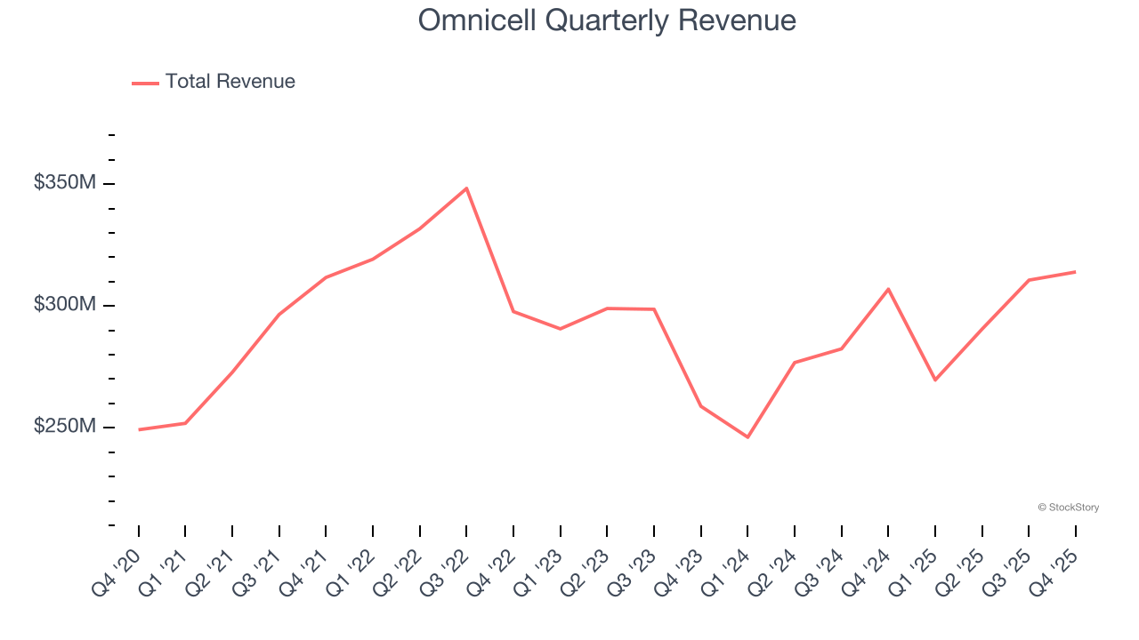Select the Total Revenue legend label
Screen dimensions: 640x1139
[230, 82]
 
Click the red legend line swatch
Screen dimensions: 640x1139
[145, 83]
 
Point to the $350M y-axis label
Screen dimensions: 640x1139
[64, 183]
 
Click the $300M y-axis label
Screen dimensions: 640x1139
[64, 305]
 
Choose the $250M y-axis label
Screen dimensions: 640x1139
[64, 427]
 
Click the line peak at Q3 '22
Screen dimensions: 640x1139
[466, 188]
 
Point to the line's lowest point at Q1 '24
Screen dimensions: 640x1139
[747, 437]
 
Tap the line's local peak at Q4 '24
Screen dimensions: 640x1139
[888, 289]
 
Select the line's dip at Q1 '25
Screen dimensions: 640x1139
[934, 380]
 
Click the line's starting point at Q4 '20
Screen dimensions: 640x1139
[139, 429]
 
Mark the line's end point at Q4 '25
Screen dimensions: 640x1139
[1075, 272]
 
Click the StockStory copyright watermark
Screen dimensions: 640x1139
[1068, 508]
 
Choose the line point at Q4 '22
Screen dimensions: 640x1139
[513, 311]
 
